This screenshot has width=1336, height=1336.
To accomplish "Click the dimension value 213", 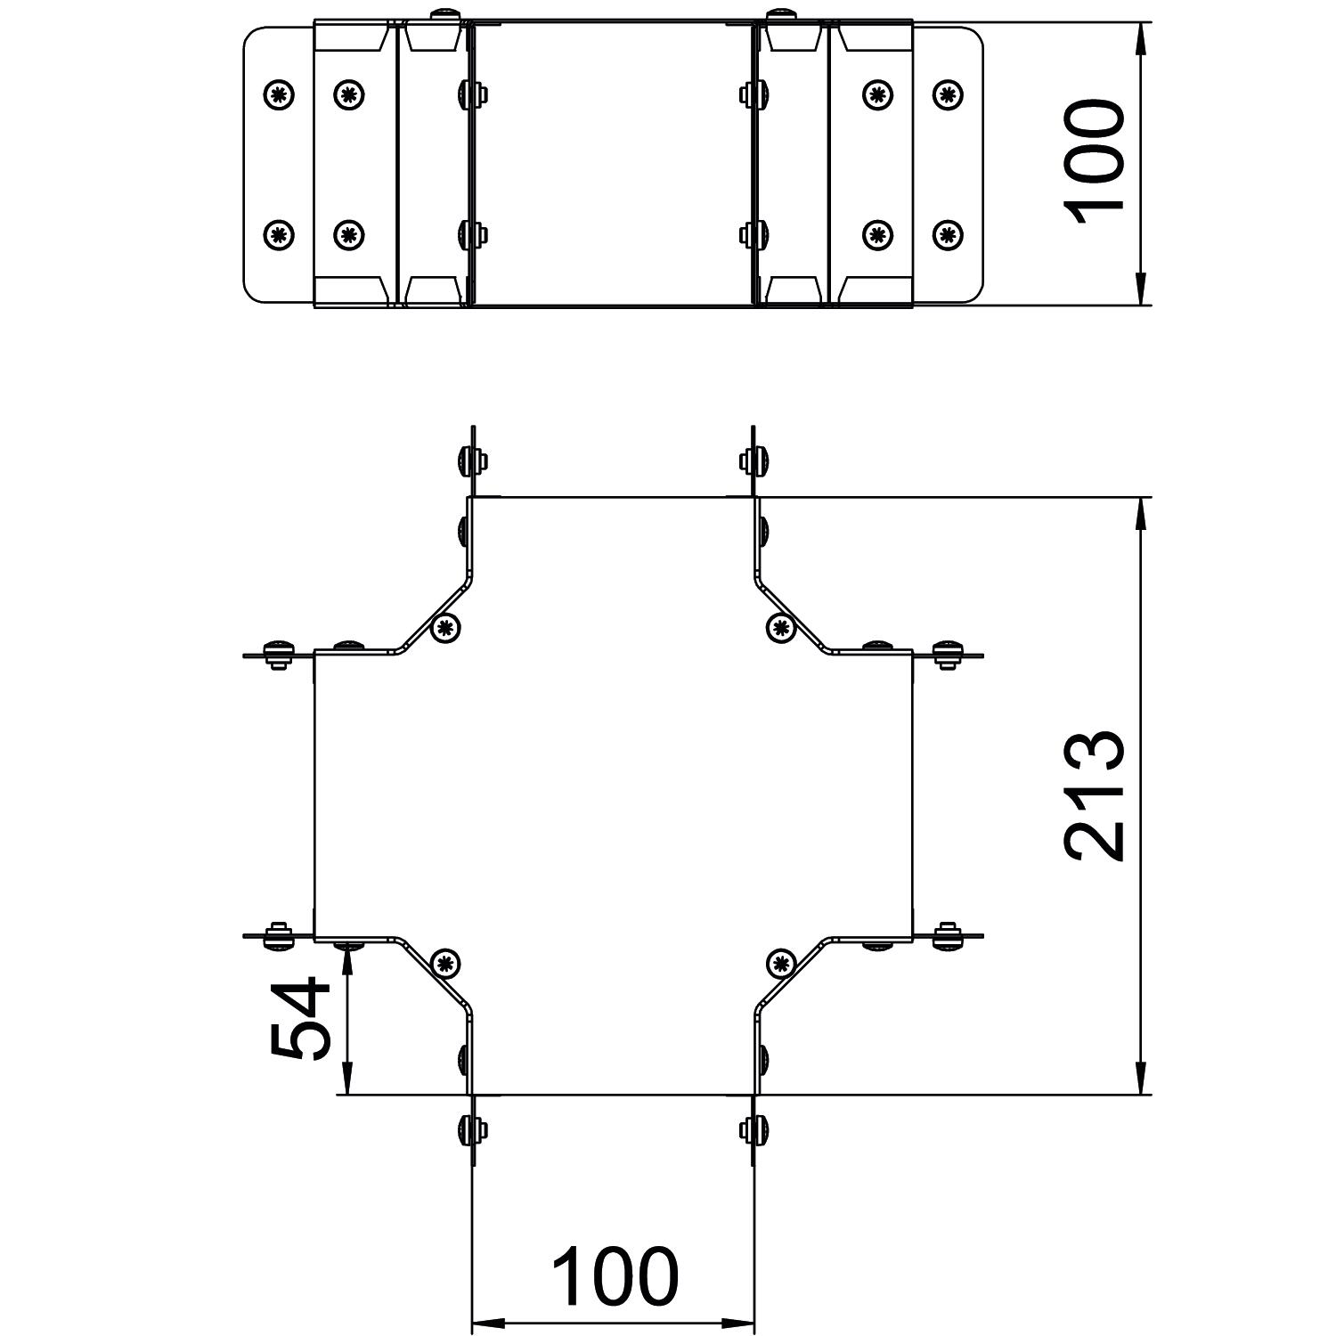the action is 1096,795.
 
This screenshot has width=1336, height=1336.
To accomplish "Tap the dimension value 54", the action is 300,1018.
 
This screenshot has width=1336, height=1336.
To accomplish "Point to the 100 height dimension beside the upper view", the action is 1096,163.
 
